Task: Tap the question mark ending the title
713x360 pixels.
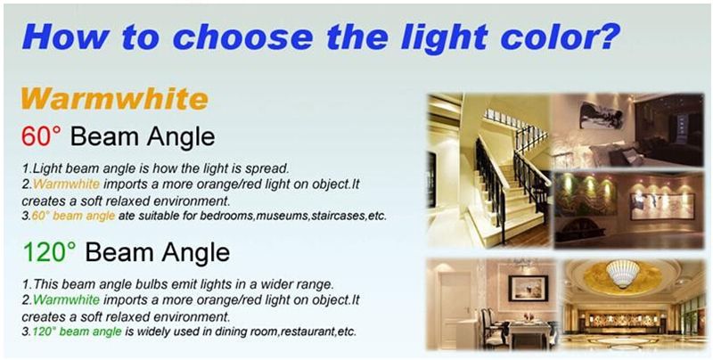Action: [608, 36]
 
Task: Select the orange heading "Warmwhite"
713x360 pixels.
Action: [115, 99]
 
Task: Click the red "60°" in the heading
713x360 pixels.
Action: [41, 136]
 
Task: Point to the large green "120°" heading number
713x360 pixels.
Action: [50, 252]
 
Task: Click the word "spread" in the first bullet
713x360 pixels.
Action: [266, 169]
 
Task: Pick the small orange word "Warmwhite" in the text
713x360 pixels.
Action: [66, 184]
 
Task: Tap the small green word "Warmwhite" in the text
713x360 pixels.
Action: [66, 299]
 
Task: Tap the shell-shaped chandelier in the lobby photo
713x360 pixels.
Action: [622, 273]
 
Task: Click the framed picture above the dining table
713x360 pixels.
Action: [528, 288]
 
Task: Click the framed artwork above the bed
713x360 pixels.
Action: [601, 115]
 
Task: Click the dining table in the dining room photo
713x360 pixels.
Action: [529, 331]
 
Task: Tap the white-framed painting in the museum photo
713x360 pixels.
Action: [662, 206]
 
